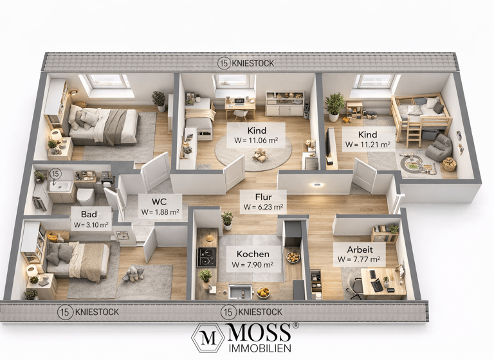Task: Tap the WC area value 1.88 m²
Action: pos(160,212)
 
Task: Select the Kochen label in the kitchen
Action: pos(253,253)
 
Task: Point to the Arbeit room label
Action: pos(358,248)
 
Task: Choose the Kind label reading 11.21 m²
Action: pos(367,134)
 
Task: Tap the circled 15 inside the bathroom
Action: pos(55,174)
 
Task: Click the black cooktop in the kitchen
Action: pos(206,257)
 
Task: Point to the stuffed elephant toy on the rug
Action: pos(133,274)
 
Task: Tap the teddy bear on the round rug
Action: pos(260,155)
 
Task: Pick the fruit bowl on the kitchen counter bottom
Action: pos(263,292)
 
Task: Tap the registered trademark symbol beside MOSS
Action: pos(296,326)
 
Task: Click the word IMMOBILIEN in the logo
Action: pos(261,347)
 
